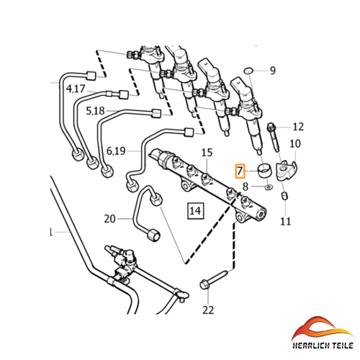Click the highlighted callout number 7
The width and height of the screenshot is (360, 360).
point(240,171)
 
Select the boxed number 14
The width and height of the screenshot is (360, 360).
point(195,211)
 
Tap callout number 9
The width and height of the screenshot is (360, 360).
point(273,71)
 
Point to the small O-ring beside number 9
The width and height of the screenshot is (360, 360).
point(248,71)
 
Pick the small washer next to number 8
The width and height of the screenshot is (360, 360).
point(269,186)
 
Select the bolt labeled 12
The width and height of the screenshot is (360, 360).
point(274,138)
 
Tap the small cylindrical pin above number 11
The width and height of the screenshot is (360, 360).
point(284,195)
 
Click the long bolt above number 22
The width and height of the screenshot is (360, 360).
point(213,279)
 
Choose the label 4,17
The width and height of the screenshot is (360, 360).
point(76,89)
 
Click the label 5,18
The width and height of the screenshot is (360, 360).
point(95,111)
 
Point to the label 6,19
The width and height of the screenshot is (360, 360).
point(116,151)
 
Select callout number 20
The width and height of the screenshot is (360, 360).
point(110,219)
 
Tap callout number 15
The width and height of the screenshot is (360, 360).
point(207,153)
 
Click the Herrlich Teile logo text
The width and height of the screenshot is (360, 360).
point(323,346)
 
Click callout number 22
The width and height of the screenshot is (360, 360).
point(208,310)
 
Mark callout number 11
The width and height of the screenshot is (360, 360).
point(286,221)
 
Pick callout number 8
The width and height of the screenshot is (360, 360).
point(246,186)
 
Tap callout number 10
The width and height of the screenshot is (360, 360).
point(295,144)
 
